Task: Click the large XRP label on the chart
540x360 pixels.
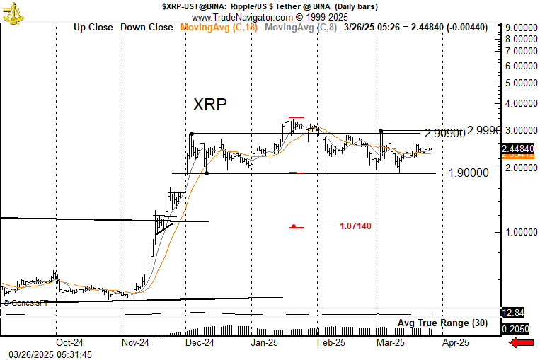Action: point(210,105)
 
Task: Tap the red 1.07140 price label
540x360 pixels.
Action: point(355,226)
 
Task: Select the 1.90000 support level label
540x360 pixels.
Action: point(469,173)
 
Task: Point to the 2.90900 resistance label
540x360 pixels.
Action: point(446,133)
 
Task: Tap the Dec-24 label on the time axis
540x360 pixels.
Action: point(199,342)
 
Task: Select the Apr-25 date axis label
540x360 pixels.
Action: point(456,342)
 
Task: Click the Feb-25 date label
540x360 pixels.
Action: point(330,342)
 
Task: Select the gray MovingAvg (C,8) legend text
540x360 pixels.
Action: point(301,28)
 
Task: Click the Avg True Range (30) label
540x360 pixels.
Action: point(442,323)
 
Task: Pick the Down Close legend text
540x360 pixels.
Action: point(147,28)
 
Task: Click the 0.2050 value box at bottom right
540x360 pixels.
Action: point(515,329)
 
